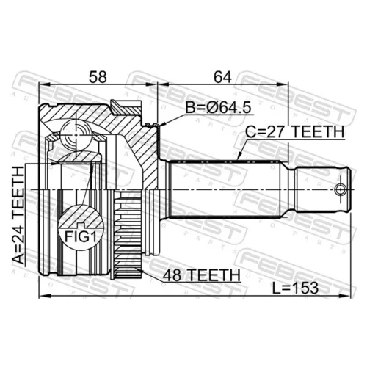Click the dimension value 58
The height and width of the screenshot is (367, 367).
98,77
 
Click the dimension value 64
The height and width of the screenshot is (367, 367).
222,77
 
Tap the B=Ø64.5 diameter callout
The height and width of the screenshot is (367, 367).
218,108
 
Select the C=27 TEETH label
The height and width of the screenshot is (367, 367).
295,132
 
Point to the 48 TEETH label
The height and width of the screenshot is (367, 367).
202,275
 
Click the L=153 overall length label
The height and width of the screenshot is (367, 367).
295,288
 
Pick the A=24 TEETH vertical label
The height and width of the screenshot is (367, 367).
19,215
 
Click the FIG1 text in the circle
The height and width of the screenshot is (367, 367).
81,236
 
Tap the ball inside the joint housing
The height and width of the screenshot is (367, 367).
76,135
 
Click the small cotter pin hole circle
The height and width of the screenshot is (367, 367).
341,189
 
